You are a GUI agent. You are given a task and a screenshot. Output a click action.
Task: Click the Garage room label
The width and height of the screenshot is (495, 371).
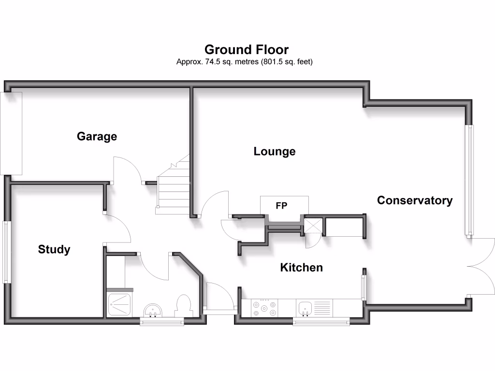point(97,137)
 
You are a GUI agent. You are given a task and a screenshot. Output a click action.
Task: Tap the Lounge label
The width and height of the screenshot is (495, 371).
point(275,152)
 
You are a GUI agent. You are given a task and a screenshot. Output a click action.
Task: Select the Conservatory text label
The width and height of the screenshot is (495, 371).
point(415,200)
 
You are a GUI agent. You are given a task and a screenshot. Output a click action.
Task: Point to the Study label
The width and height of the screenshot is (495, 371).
point(54,250)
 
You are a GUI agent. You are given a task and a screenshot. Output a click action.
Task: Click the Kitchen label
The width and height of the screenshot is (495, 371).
point(301,268)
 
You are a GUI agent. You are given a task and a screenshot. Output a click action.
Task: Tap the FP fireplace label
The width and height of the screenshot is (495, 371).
point(281,206)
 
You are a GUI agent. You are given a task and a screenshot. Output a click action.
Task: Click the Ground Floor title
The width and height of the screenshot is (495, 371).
point(247,49)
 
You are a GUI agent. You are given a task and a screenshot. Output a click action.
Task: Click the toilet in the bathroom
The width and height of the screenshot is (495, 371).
point(184,306)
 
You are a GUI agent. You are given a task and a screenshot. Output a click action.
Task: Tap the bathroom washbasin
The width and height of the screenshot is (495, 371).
point(154,310)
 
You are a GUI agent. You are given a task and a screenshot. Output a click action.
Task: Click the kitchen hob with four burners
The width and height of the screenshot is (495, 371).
point(264,308)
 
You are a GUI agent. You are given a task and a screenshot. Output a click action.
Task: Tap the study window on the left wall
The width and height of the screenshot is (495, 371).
point(6,252)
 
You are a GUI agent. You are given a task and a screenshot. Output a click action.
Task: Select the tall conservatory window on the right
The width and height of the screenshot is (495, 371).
point(469,180)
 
